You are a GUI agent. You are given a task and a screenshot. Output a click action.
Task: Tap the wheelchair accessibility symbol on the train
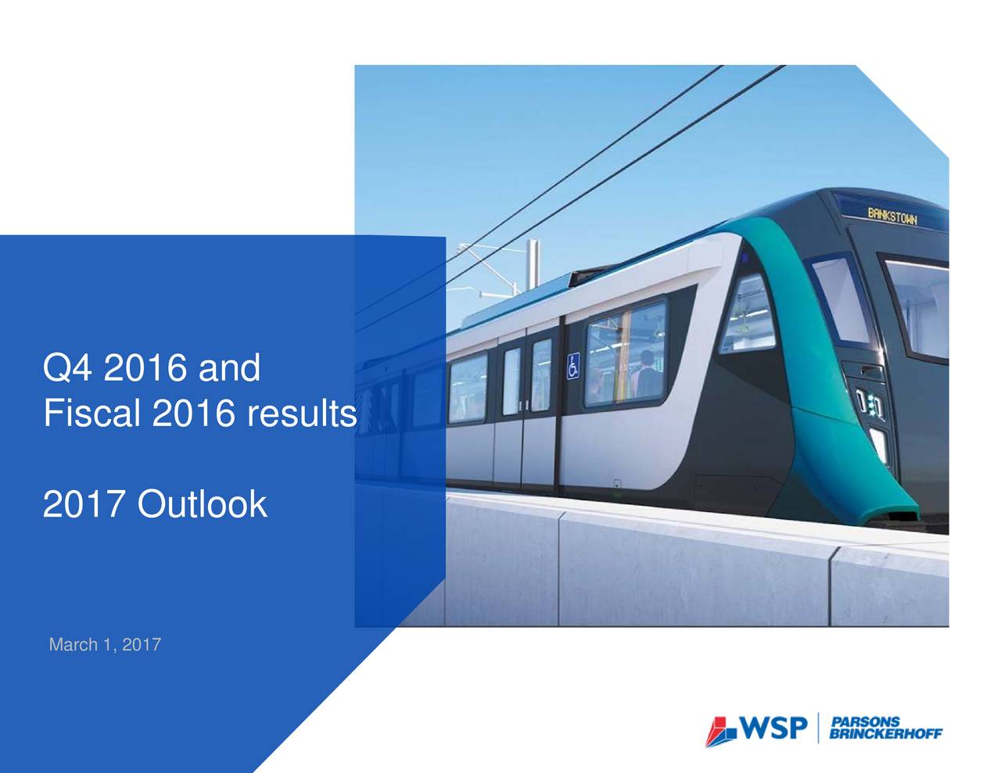click(x=573, y=366)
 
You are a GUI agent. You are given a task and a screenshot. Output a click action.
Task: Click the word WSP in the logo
click(x=773, y=729)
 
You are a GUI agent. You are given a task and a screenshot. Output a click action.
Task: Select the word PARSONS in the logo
click(x=865, y=721)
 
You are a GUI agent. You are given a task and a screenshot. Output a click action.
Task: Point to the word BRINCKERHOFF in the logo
click(x=886, y=733)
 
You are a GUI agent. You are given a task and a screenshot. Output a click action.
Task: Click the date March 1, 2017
click(x=105, y=645)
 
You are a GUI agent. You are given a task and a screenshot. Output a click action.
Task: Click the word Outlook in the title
click(x=202, y=505)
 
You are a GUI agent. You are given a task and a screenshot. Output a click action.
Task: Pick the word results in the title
click(x=300, y=414)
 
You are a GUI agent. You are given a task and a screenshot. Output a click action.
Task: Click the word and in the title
click(x=228, y=368)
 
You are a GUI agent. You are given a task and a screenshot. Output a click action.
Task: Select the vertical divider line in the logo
click(x=816, y=728)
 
